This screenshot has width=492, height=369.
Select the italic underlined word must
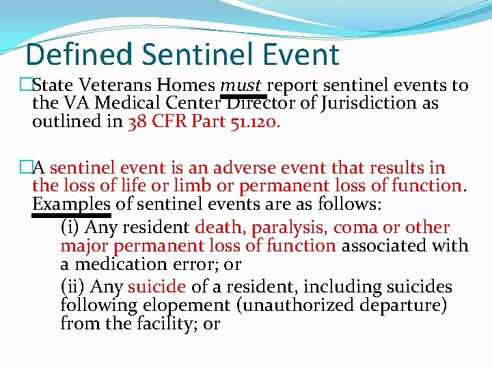point(241,85)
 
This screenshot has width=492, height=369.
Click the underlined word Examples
point(71,204)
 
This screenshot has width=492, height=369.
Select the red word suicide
point(156,287)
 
